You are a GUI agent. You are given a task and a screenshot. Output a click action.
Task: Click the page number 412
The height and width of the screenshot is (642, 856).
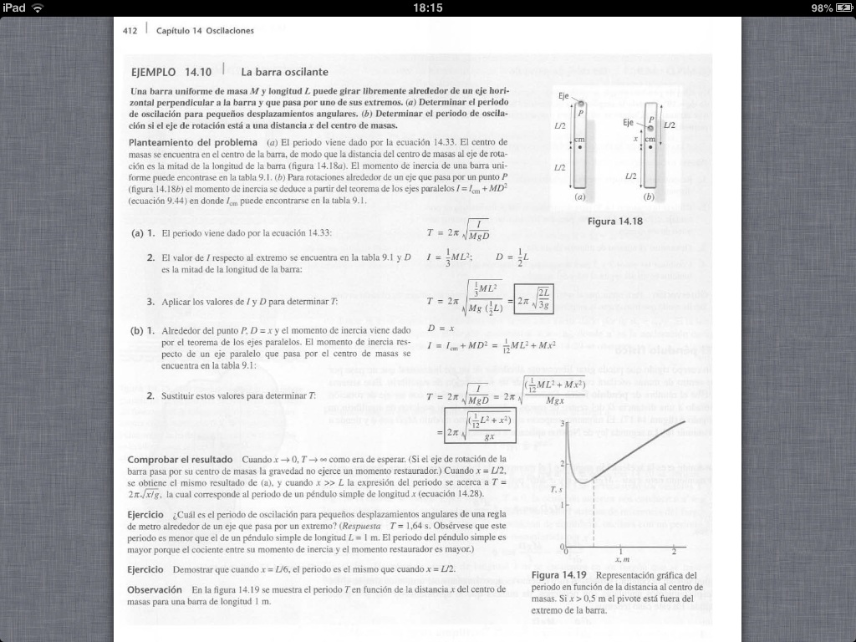pos(130,31)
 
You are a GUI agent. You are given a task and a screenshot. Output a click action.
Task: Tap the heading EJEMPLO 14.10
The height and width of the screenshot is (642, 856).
pos(166,72)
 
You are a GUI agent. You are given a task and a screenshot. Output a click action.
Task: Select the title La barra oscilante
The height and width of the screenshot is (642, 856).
pos(284,72)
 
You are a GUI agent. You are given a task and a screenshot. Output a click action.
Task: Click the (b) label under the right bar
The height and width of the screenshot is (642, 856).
pos(650,199)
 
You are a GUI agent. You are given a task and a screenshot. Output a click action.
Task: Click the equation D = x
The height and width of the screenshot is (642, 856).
pos(440,329)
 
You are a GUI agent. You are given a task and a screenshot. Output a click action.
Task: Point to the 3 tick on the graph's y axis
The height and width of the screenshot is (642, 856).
pos(562,423)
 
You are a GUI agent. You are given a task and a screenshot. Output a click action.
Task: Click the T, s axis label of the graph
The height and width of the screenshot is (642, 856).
pos(553,488)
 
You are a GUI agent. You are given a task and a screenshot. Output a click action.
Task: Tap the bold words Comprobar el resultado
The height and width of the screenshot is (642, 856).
pos(180,460)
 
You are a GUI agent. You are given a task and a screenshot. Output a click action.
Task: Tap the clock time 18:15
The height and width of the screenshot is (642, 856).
pos(427,8)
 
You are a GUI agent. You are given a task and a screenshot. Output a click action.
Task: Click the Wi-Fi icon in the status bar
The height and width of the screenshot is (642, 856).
pos(38,8)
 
